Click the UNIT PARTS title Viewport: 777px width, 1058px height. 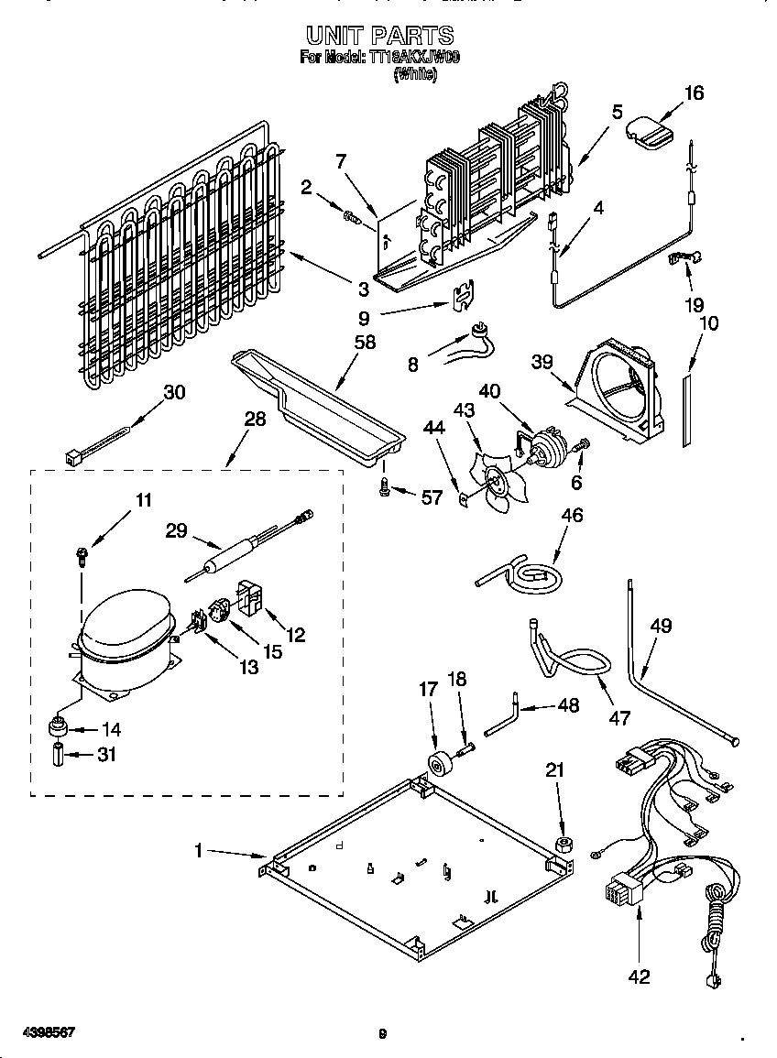tap(379, 36)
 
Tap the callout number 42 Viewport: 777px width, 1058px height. tap(639, 976)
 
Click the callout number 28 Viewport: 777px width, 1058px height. tap(255, 419)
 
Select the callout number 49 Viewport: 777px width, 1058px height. tap(661, 626)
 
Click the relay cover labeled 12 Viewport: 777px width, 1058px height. tap(250, 597)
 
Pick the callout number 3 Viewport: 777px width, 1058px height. tap(364, 289)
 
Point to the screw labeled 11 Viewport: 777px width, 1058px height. tap(82, 553)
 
